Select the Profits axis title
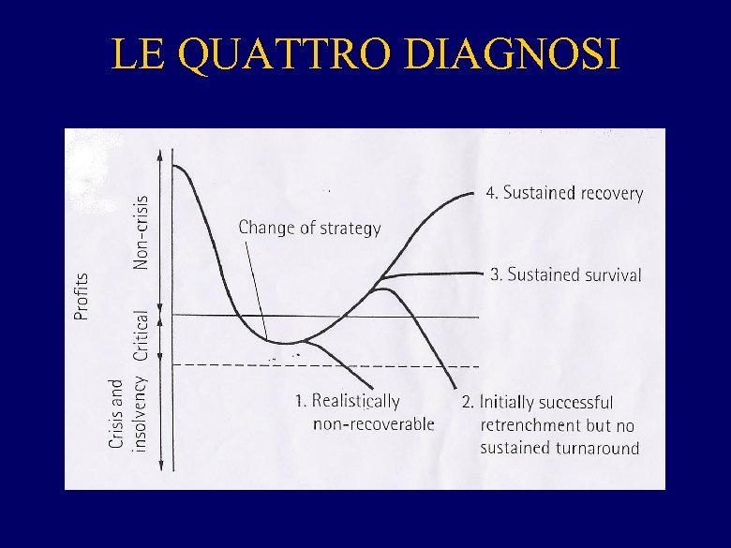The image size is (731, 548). coord(82,296)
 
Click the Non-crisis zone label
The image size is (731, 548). coord(141,230)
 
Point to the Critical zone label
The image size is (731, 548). coord(141,334)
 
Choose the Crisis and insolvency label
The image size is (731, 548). coord(127,414)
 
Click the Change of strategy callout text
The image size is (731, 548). coord(309,228)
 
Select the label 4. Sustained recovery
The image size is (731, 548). coord(564,193)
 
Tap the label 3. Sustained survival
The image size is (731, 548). coord(566,274)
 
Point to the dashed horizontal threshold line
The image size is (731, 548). coord(375,364)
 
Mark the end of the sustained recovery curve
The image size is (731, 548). coord(475,192)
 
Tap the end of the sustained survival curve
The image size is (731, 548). coord(479,273)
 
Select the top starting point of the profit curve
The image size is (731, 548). coord(174,165)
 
